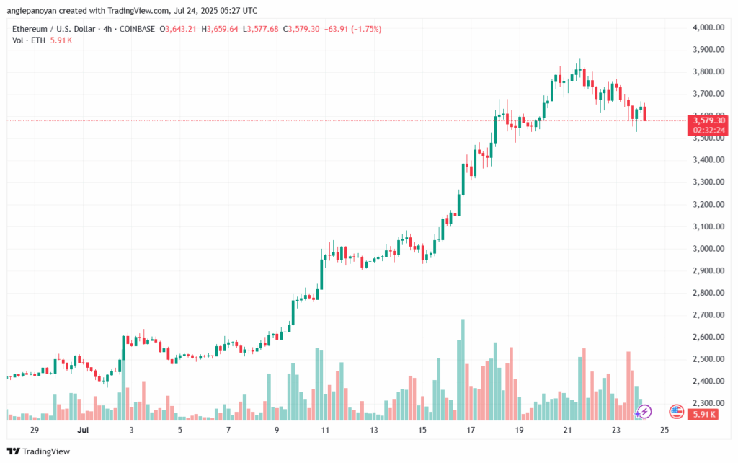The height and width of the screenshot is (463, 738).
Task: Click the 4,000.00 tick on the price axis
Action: pyautogui.click(x=708, y=27)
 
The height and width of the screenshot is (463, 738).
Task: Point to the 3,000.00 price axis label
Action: pyautogui.click(x=708, y=249)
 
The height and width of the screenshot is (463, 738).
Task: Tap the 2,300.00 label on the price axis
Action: pyautogui.click(x=708, y=403)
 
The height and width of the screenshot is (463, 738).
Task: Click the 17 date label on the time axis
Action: pyautogui.click(x=471, y=430)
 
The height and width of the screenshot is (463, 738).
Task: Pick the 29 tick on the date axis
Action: pyautogui.click(x=35, y=430)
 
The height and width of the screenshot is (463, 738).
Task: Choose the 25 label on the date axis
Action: pyautogui.click(x=664, y=430)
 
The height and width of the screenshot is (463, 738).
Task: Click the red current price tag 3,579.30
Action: pyautogui.click(x=709, y=120)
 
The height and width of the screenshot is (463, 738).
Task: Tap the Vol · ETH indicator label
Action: pyautogui.click(x=27, y=40)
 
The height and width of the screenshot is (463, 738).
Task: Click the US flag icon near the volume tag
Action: pyautogui.click(x=676, y=412)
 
